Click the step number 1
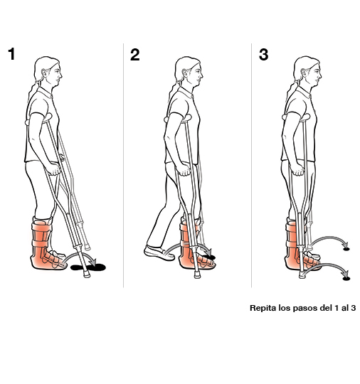click(x=12, y=54)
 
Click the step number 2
click(x=134, y=54)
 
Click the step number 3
click(x=263, y=54)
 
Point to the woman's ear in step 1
click(x=45, y=73)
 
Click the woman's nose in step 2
click(x=201, y=75)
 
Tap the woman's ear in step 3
click(x=304, y=73)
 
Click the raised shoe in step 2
click(x=159, y=252)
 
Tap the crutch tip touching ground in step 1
click(x=86, y=274)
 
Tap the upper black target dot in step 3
click(x=346, y=249)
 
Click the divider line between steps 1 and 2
click(x=123, y=165)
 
